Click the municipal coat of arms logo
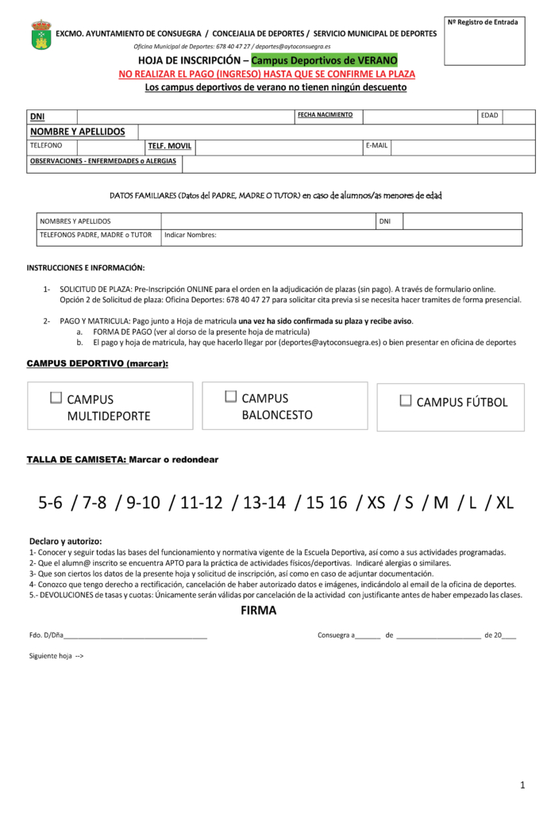click(41, 35)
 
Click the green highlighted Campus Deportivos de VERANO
click(324, 61)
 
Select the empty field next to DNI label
click(186, 117)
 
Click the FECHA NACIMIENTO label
click(325, 115)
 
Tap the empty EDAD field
click(518, 117)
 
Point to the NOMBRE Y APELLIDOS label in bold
click(77, 132)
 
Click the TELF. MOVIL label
click(169, 147)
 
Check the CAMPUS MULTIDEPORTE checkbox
click(56, 397)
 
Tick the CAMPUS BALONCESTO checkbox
click(231, 396)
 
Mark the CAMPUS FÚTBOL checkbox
click(406, 401)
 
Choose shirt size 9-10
click(143, 503)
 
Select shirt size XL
click(505, 503)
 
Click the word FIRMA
click(258, 611)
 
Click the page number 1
click(522, 785)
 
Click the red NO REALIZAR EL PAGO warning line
click(267, 74)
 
